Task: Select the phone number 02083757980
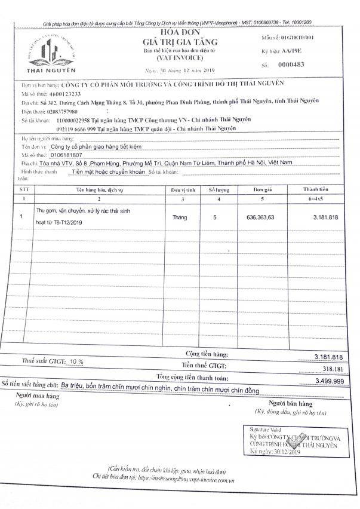[x=61, y=111]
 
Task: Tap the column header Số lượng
[x=219, y=189]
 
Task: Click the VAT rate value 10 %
[x=76, y=362]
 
